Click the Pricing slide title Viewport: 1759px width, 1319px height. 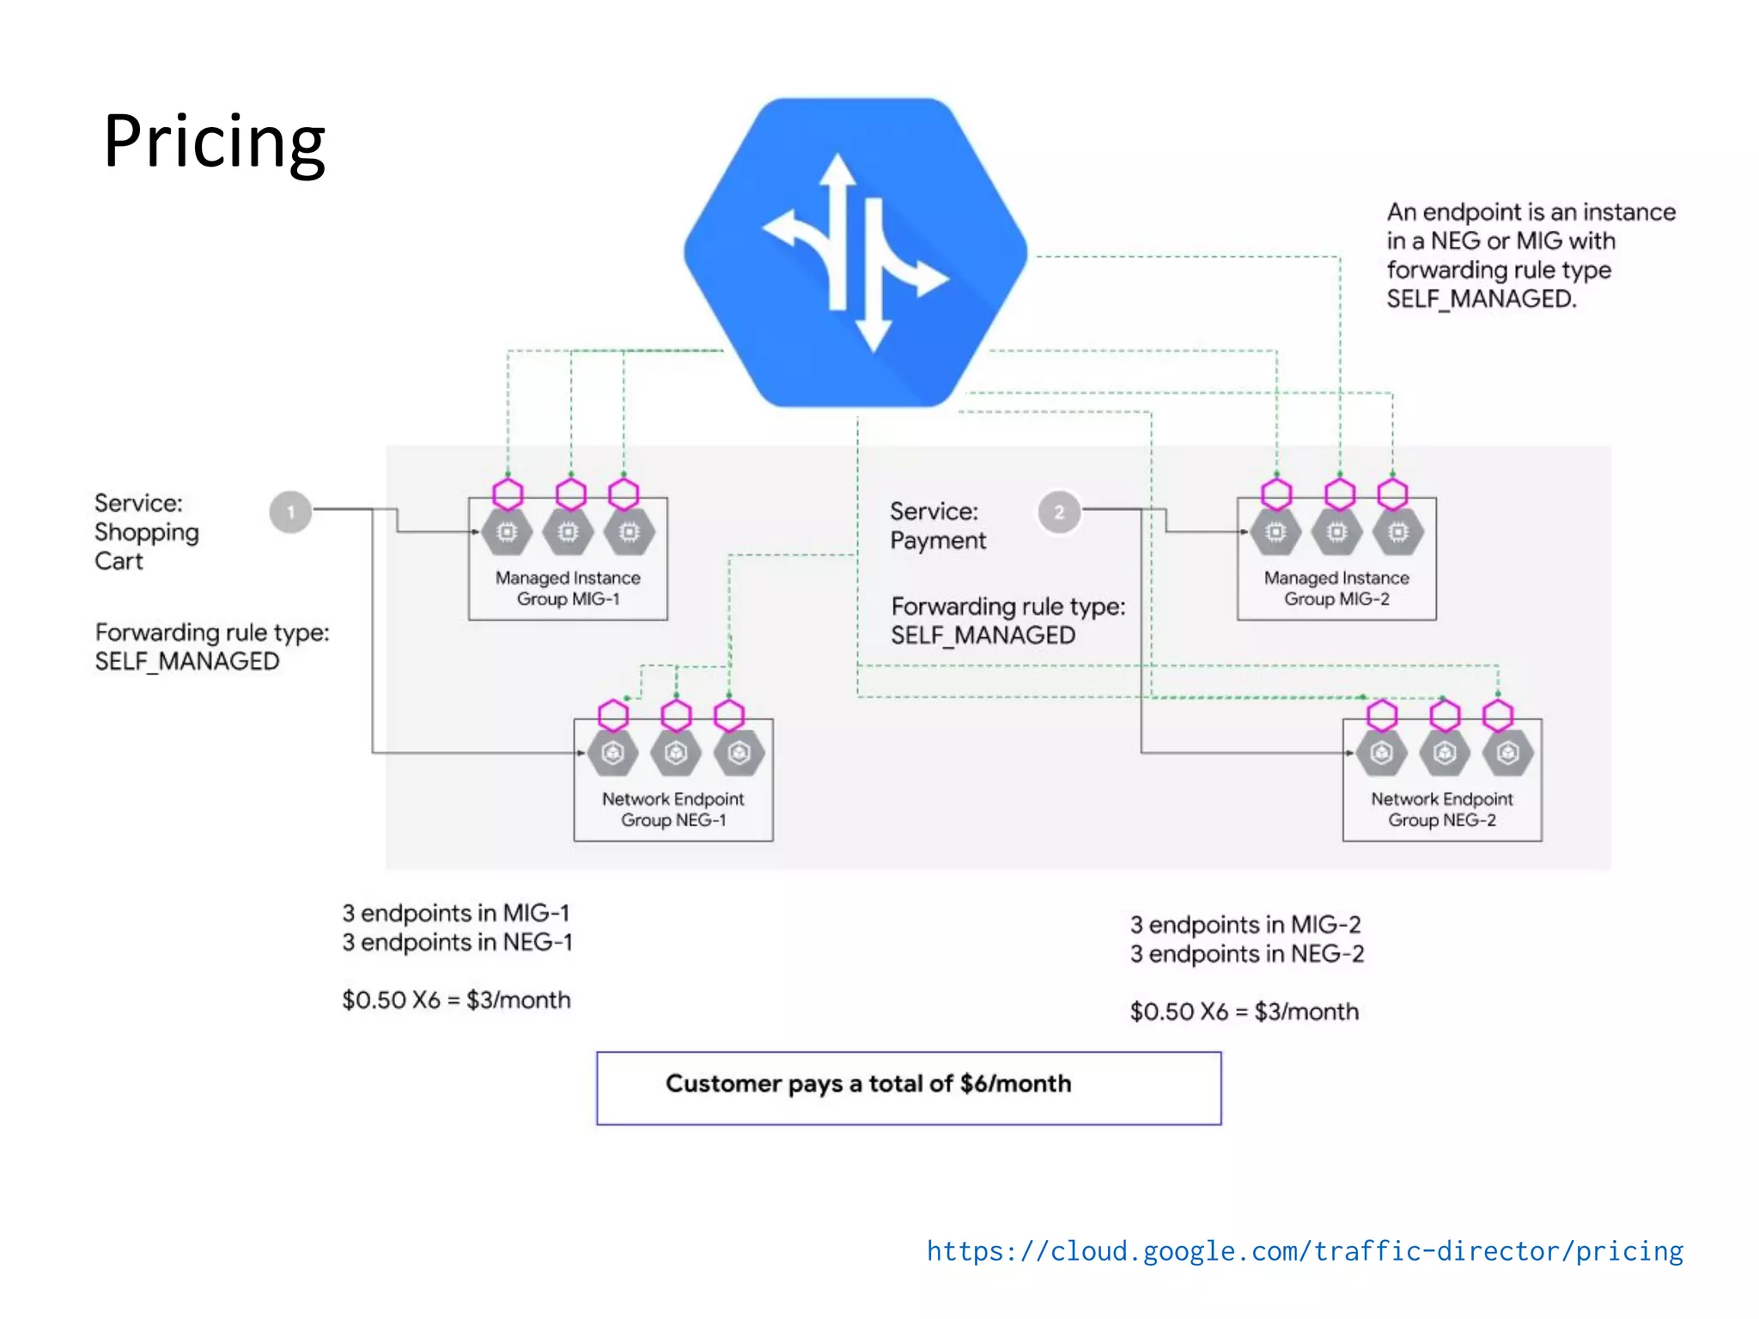coord(214,142)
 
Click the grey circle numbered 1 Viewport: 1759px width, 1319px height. coord(290,512)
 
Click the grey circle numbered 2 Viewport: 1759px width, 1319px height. coord(1059,512)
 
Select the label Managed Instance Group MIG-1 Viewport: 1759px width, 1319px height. coord(567,588)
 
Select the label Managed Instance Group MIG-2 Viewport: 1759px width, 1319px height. coord(1336,588)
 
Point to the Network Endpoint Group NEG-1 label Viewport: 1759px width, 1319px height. coord(673,809)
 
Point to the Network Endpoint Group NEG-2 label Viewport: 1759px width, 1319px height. coord(1441,809)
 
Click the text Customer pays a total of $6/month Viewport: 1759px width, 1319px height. coord(867,1084)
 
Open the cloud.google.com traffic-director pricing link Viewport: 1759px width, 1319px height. coord(1304,1250)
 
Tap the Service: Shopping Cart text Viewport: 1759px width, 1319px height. coord(146,532)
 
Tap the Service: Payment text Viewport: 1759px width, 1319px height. coord(937,526)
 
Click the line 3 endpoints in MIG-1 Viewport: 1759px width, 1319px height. coord(455,913)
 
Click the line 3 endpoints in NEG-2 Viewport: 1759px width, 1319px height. coord(1246,954)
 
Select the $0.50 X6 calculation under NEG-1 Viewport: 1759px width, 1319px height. coord(455,1000)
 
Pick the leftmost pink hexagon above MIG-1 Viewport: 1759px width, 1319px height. coord(508,494)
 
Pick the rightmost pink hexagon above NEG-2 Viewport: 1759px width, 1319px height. coord(1498,714)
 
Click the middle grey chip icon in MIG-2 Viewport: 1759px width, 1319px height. coord(1336,532)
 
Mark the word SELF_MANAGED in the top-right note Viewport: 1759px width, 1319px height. coord(1481,299)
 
